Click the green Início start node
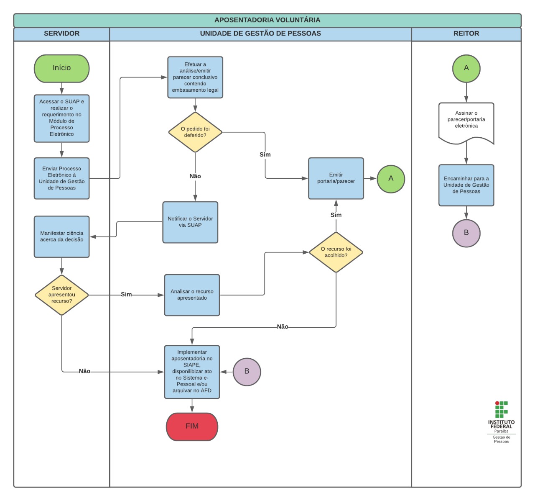61,68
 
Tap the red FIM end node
192,426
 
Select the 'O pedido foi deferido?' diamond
195,132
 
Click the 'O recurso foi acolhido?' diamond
336,252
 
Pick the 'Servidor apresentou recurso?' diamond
61,295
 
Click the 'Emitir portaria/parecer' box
336,178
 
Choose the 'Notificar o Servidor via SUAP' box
190,222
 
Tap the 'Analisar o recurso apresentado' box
192,295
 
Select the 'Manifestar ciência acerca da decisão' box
61,236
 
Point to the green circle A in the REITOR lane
466,68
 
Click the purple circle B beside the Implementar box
247,372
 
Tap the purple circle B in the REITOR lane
466,233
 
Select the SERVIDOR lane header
61,34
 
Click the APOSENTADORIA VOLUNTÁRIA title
267,20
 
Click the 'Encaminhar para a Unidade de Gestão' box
466,185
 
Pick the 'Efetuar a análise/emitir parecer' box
195,77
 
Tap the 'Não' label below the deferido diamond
195,176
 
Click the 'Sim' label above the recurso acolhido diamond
336,215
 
